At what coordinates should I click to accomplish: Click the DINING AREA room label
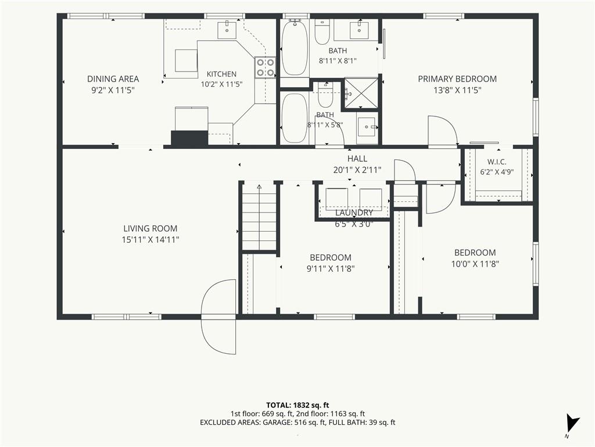[113, 79]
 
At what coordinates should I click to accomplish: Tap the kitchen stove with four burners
[265, 68]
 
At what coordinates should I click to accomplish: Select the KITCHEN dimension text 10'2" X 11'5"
[221, 84]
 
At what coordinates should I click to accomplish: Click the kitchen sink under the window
[227, 30]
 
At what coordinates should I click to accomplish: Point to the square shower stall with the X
[361, 93]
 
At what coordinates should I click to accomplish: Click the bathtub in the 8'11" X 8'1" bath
[295, 48]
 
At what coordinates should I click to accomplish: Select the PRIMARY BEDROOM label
[457, 79]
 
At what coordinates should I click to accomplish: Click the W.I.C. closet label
[497, 162]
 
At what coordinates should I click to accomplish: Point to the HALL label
[357, 158]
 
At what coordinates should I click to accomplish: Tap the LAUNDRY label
[354, 212]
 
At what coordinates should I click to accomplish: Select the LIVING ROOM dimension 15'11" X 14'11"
[150, 240]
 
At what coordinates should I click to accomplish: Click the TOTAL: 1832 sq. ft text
[297, 405]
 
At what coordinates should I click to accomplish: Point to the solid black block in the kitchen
[190, 137]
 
